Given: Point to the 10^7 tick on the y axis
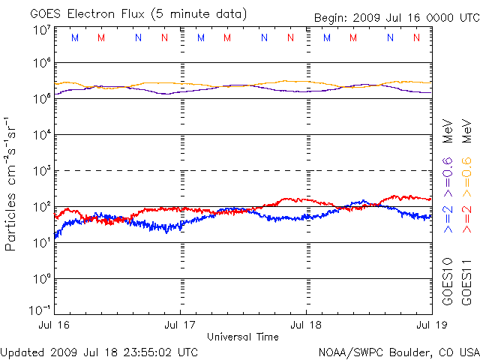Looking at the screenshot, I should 41,30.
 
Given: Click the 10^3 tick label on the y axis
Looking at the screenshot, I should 41,171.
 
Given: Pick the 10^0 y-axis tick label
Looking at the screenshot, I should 41,279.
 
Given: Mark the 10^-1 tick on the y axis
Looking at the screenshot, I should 40,310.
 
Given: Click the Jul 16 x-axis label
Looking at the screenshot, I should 55,325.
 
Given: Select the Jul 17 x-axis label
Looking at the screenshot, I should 181,325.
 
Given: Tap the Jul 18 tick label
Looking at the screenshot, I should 306,325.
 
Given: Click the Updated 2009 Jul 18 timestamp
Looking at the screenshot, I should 100,351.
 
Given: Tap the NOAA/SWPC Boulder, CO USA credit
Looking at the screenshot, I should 399,351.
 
